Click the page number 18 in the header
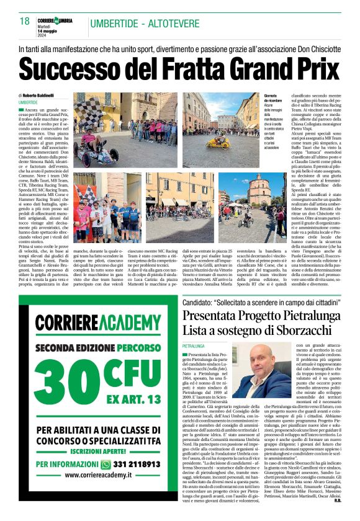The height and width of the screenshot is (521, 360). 25,22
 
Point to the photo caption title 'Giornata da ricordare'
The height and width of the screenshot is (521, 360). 271,99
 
